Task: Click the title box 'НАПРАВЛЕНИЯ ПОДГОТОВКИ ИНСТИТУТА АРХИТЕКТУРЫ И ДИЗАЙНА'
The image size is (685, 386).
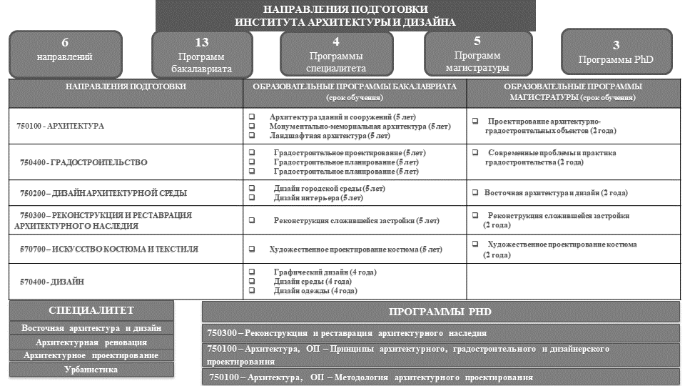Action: [x=345, y=15]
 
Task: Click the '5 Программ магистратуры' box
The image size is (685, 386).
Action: [x=477, y=54]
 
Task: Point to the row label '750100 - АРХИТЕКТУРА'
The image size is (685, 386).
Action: [x=61, y=126]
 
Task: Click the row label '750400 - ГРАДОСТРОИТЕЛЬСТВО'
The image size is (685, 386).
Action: [x=83, y=163]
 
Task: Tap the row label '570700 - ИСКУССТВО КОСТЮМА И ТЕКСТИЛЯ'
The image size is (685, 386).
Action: [x=109, y=249]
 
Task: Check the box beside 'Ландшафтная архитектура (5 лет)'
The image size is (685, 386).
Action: [x=252, y=135]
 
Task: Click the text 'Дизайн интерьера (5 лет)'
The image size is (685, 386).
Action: [x=318, y=198]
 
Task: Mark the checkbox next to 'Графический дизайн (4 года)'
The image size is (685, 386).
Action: [x=252, y=272]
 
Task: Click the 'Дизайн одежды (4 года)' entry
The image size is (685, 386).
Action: [x=315, y=291]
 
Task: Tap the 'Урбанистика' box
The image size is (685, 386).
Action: [x=91, y=370]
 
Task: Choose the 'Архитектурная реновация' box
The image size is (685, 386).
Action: [x=91, y=342]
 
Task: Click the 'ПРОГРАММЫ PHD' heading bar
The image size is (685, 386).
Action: [x=440, y=312]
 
